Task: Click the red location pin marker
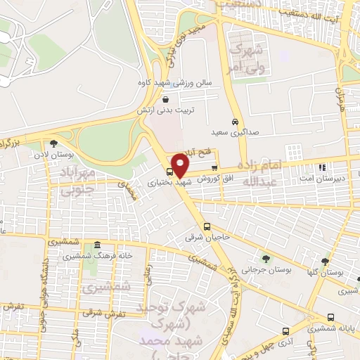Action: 180,165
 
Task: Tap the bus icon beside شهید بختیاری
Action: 169,172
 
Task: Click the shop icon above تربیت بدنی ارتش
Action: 165,100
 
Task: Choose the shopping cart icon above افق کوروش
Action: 214,167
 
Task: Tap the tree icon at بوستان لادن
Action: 53,143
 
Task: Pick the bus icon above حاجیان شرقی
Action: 207,226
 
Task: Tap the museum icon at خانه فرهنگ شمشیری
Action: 97,245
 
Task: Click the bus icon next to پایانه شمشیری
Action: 331,318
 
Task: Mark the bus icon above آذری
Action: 285,330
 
